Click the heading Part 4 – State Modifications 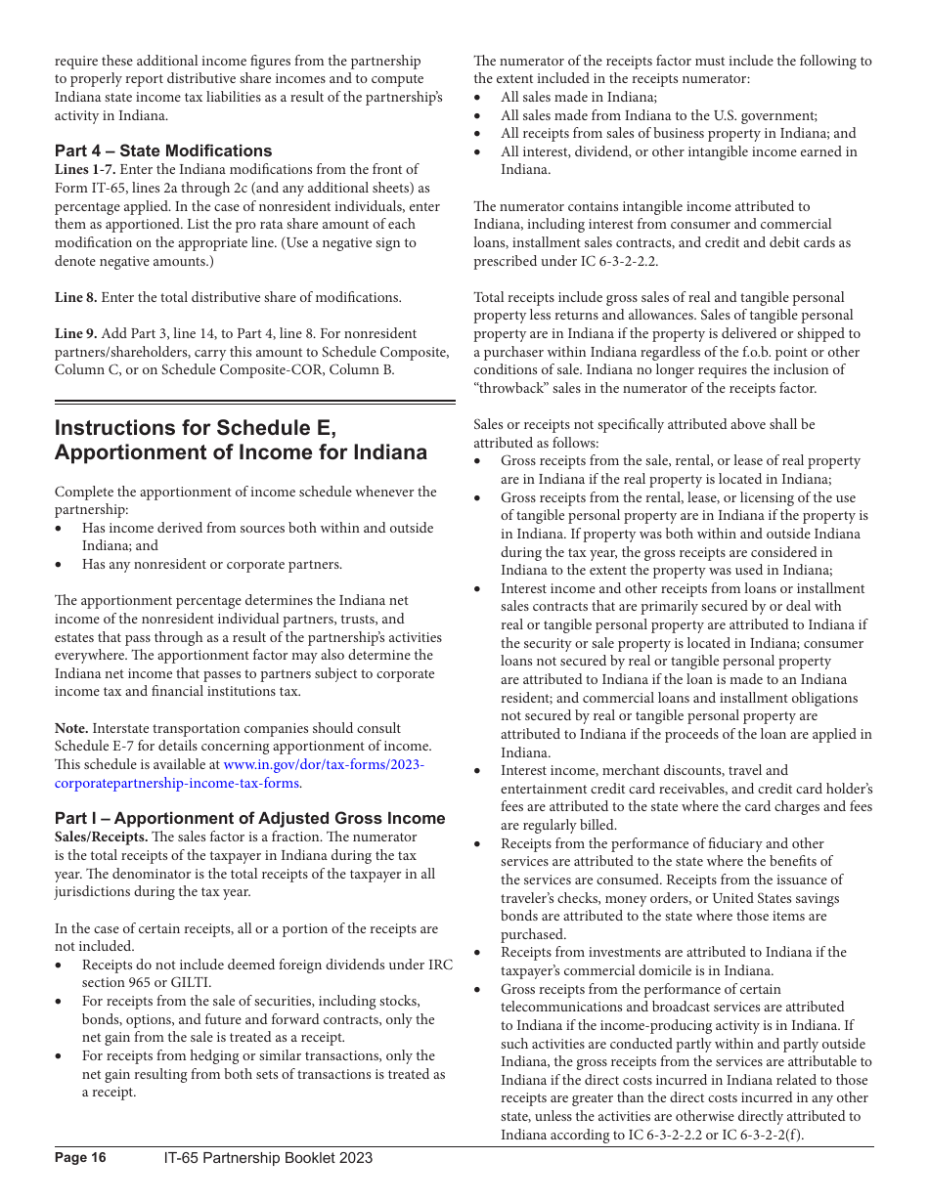pos(163,150)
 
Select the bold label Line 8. pos(75,297)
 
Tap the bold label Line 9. pos(75,333)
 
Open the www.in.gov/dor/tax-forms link pos(324,765)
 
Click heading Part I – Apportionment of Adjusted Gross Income pos(249,818)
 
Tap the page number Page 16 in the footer pos(80,1158)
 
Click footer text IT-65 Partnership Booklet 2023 pos(268,1158)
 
